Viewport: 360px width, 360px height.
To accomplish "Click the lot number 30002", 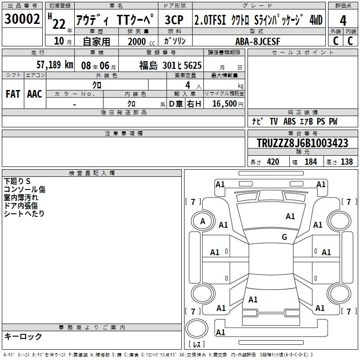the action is point(22,19).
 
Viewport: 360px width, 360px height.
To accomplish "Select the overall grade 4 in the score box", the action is point(343,21).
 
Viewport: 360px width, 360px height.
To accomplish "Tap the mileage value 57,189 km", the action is point(55,65).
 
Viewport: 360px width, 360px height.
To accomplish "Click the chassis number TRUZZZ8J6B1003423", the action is point(302,143).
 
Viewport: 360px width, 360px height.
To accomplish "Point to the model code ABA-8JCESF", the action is point(258,41).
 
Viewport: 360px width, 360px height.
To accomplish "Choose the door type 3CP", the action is point(174,20).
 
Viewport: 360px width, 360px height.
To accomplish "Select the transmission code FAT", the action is point(13,94).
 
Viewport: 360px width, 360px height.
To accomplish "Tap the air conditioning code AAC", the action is point(35,94).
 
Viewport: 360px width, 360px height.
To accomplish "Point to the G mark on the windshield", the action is point(284,237).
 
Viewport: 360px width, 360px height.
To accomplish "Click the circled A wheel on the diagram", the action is point(202,221).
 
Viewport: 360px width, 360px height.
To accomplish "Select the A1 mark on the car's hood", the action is point(290,216).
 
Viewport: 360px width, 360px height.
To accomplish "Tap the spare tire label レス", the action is point(197,344).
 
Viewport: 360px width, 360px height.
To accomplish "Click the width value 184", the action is point(310,162).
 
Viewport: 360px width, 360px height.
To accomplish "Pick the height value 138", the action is point(346,162).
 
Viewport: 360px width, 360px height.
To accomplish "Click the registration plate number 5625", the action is point(193,66).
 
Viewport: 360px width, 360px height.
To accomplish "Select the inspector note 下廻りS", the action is point(17,181).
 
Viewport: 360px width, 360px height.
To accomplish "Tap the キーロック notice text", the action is point(23,336).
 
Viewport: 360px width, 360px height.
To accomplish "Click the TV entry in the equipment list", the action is point(274,121).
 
